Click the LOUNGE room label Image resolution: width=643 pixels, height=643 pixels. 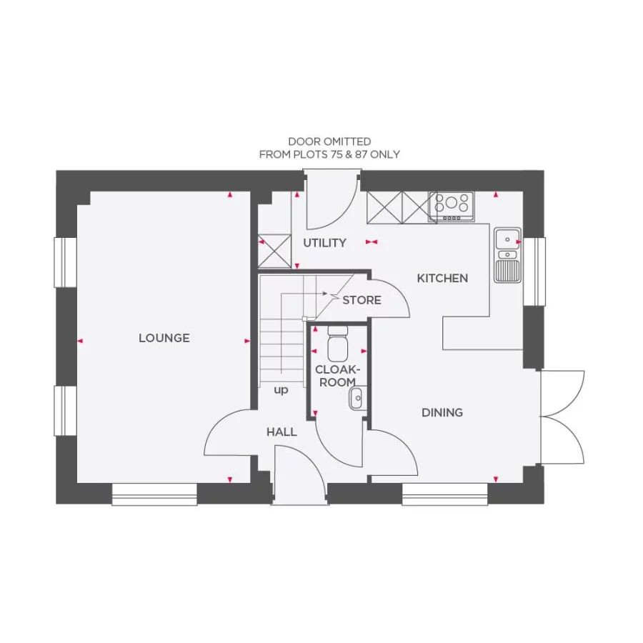click(x=164, y=338)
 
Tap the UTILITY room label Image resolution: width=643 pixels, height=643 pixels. click(x=324, y=243)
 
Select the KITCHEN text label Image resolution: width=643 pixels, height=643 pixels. click(x=442, y=278)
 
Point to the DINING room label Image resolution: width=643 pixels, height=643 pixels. click(x=442, y=412)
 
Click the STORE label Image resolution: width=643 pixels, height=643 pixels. click(x=362, y=300)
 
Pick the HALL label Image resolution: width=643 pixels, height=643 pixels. click(x=281, y=432)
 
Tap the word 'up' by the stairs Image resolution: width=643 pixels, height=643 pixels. click(x=281, y=391)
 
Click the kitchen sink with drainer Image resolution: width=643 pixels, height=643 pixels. click(x=507, y=255)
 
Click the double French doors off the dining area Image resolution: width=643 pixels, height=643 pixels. click(x=563, y=417)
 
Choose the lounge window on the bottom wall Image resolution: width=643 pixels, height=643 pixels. click(x=154, y=494)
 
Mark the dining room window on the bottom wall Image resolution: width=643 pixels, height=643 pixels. click(x=444, y=494)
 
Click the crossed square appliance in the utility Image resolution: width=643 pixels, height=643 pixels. click(x=274, y=251)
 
